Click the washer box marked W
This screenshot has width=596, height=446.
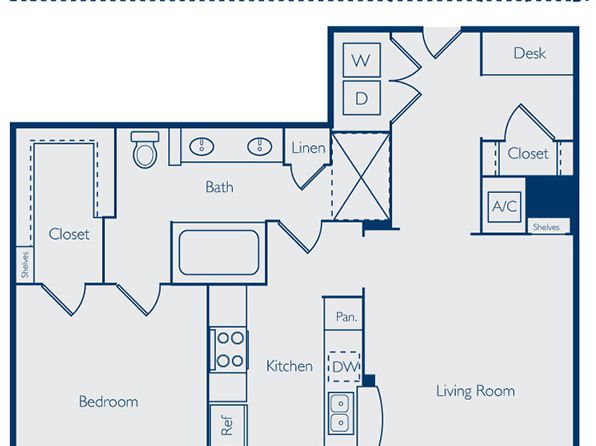[x=361, y=60]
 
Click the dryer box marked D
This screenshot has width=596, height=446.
[x=361, y=98]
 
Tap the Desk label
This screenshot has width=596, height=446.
[x=529, y=53]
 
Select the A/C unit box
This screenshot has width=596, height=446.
[x=504, y=207]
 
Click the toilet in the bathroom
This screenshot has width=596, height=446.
[x=145, y=149]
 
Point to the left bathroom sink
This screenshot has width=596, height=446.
[x=201, y=146]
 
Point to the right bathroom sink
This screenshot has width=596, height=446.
[x=260, y=146]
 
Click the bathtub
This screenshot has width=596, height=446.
[x=219, y=252]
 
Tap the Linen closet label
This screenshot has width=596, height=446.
[x=308, y=148]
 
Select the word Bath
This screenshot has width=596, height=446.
[x=219, y=187]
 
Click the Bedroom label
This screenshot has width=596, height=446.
[x=108, y=402]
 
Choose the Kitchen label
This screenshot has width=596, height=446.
[x=289, y=366]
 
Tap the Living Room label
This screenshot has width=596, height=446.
[x=475, y=391]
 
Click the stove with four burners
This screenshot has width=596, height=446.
[x=229, y=349]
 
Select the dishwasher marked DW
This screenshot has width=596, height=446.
[x=344, y=367]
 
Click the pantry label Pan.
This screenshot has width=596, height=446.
[x=347, y=316]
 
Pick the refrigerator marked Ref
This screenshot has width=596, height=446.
[x=227, y=425]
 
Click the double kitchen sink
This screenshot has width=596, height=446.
[x=341, y=413]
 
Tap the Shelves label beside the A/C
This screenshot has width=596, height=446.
[x=546, y=227]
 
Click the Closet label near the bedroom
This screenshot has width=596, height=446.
[x=69, y=234]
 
